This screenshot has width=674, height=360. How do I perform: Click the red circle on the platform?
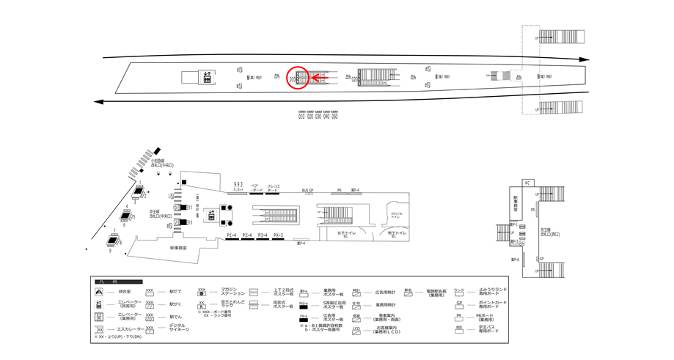(x=296, y=76)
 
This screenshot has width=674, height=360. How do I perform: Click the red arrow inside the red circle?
(x=316, y=75)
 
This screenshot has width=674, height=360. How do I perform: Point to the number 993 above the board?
(x=238, y=184)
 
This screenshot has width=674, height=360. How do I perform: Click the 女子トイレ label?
(x=347, y=234)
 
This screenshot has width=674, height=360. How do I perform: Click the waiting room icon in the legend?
(x=98, y=292)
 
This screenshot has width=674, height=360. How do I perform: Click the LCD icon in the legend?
(x=356, y=329)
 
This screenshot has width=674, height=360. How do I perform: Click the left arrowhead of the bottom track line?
(x=99, y=103)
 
